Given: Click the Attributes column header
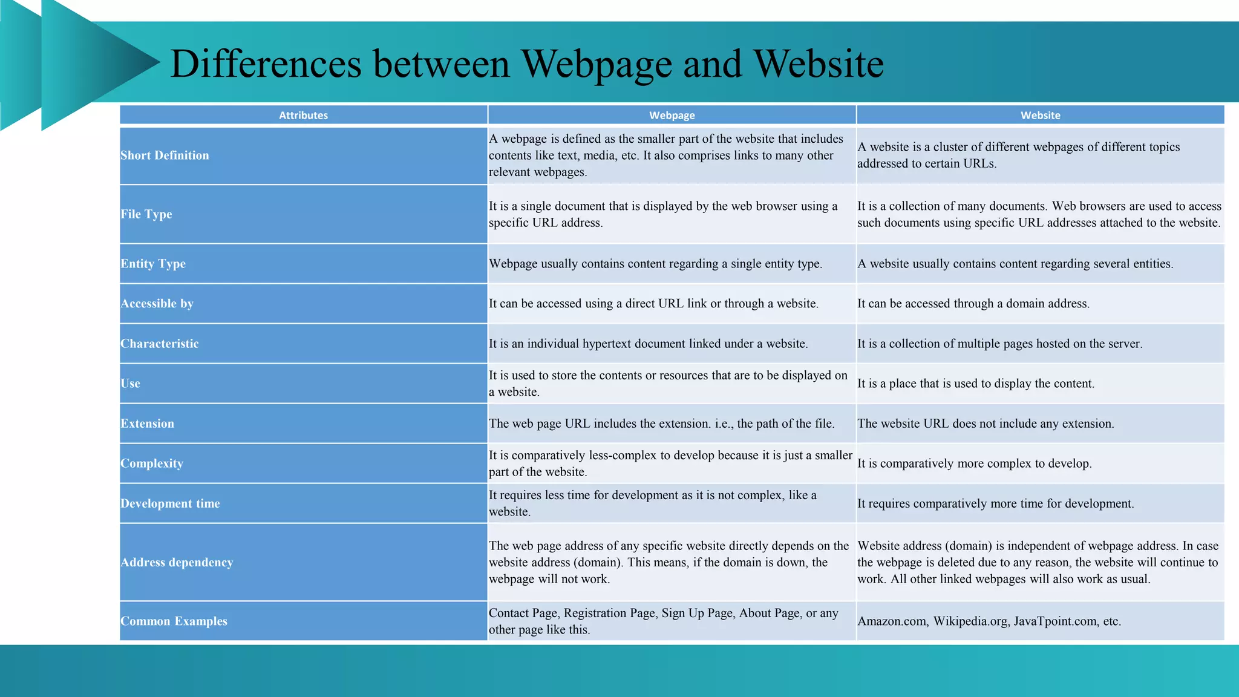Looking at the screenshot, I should click(303, 115).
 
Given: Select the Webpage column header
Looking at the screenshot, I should click(672, 115).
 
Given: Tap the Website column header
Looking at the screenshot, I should click(1040, 115).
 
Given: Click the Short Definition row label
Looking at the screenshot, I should click(165, 155).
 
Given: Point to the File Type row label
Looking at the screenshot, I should click(146, 214).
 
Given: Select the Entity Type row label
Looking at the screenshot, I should click(153, 264).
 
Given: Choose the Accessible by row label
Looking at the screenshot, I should click(157, 304).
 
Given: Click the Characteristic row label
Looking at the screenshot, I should click(160, 344).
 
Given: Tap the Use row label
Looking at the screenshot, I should click(130, 384).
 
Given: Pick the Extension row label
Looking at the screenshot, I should click(147, 424).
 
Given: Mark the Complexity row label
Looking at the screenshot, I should click(152, 463).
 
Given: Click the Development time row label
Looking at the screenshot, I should click(170, 503).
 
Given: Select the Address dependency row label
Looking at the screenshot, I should click(177, 562).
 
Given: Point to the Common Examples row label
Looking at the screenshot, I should click(174, 621).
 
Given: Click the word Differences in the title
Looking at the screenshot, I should click(266, 64).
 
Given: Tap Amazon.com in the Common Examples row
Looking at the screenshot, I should click(892, 621).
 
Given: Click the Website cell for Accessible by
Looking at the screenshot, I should click(973, 304).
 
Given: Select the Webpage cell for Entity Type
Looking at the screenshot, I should click(655, 264).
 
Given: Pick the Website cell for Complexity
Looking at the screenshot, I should click(974, 463).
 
